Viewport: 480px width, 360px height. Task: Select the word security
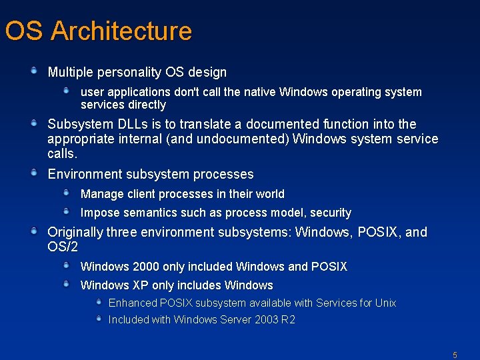coord(329,213)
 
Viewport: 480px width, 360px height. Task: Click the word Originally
coord(75,233)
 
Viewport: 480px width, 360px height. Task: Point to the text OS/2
coord(63,247)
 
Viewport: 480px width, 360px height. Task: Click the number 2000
coord(146,267)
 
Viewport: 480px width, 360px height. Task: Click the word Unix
coord(385,303)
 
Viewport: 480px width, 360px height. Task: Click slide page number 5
coord(455,355)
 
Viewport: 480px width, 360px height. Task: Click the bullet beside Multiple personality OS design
coord(33,70)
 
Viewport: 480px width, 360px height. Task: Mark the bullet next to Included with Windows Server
coord(99,319)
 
